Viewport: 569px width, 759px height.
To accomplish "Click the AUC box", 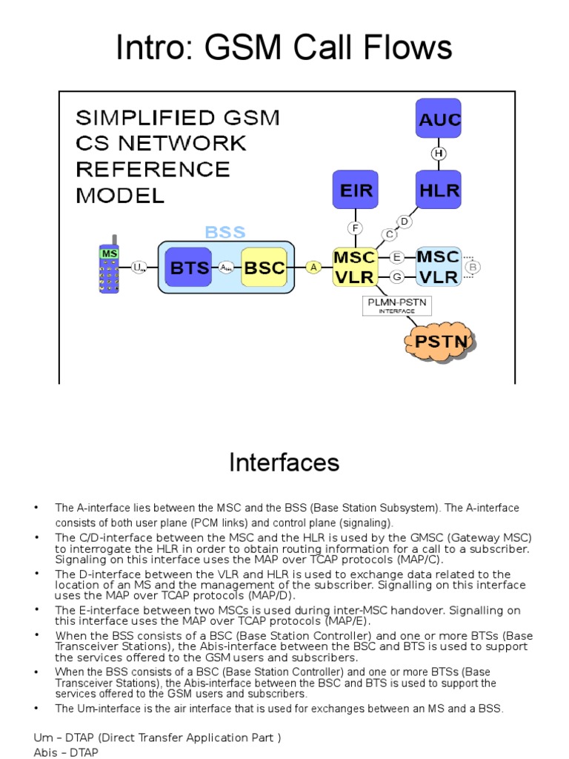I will pyautogui.click(x=439, y=119).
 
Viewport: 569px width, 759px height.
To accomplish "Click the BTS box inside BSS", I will pyautogui.click(x=190, y=268).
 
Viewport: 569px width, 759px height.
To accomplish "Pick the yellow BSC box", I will pyautogui.click(x=264, y=268).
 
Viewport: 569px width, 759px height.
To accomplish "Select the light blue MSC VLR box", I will pyautogui.click(x=438, y=267).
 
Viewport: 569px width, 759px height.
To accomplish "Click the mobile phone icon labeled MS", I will pyautogui.click(x=109, y=268).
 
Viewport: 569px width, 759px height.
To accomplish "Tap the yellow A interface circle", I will pyautogui.click(x=313, y=268).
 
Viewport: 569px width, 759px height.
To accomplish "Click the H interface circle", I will pyautogui.click(x=439, y=153).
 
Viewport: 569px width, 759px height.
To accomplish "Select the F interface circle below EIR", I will pyautogui.click(x=356, y=228).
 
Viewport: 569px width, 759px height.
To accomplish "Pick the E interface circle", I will pyautogui.click(x=397, y=256).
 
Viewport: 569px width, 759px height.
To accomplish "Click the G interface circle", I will pyautogui.click(x=397, y=276).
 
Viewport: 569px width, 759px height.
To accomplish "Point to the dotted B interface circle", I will pyautogui.click(x=473, y=267).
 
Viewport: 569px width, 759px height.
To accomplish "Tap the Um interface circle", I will pyautogui.click(x=139, y=268).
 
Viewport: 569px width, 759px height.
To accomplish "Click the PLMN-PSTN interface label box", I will pyautogui.click(x=397, y=306).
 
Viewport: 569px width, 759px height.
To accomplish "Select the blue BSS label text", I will pyautogui.click(x=225, y=232).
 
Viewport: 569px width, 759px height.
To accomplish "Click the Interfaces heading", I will pyautogui.click(x=284, y=463).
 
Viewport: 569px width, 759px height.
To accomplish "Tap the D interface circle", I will pyautogui.click(x=404, y=221).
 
